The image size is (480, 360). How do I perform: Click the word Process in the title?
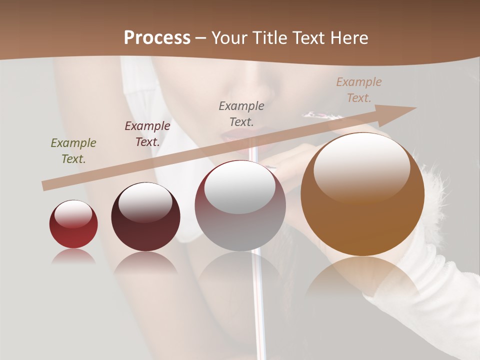(157, 38)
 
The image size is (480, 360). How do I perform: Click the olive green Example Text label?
(73, 151)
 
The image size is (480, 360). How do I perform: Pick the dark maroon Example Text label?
(147, 134)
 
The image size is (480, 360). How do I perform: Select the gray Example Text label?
(241, 113)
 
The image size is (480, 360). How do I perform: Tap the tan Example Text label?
(359, 90)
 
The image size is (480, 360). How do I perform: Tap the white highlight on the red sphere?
(73, 213)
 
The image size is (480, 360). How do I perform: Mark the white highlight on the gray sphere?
(240, 186)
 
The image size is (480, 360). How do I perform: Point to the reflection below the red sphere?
(73, 256)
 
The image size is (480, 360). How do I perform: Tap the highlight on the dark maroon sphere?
(145, 201)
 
